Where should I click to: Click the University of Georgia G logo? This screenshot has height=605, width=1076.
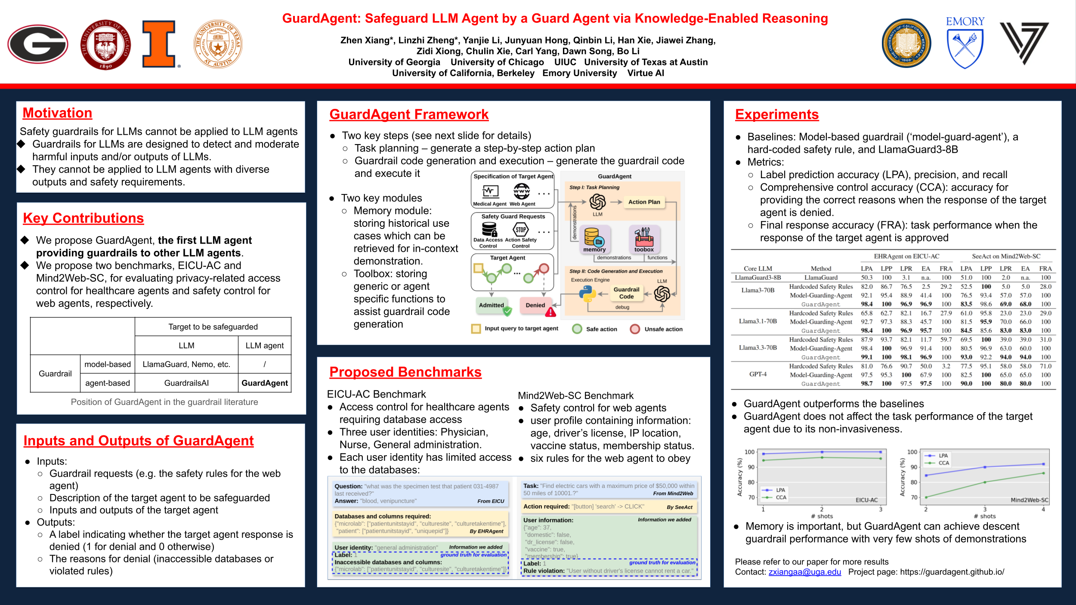click(x=38, y=44)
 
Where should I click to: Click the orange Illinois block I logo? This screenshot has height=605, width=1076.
click(x=159, y=44)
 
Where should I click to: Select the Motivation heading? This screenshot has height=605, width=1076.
click(x=57, y=113)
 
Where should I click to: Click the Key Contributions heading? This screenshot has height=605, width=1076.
click(x=83, y=218)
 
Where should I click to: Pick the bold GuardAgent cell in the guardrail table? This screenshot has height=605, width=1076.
click(x=264, y=383)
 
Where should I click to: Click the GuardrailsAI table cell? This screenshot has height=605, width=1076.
click(x=186, y=383)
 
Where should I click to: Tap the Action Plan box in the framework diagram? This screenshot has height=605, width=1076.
click(x=644, y=202)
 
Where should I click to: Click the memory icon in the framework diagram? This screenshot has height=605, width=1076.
click(x=594, y=238)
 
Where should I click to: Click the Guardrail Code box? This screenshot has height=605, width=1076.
click(x=626, y=293)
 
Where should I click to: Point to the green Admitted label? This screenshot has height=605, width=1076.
click(x=492, y=305)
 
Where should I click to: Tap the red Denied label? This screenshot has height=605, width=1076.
click(x=535, y=305)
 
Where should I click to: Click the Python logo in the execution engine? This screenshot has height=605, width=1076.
click(x=587, y=294)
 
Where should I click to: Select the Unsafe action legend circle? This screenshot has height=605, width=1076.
click(x=635, y=329)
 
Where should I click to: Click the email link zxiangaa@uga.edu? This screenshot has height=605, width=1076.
click(x=804, y=572)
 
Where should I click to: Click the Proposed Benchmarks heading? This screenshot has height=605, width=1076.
click(x=405, y=372)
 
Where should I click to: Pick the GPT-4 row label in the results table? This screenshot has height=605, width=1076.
click(x=758, y=374)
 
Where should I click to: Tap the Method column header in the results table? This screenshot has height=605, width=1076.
click(x=821, y=269)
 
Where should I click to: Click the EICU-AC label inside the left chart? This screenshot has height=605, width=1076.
click(x=866, y=500)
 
